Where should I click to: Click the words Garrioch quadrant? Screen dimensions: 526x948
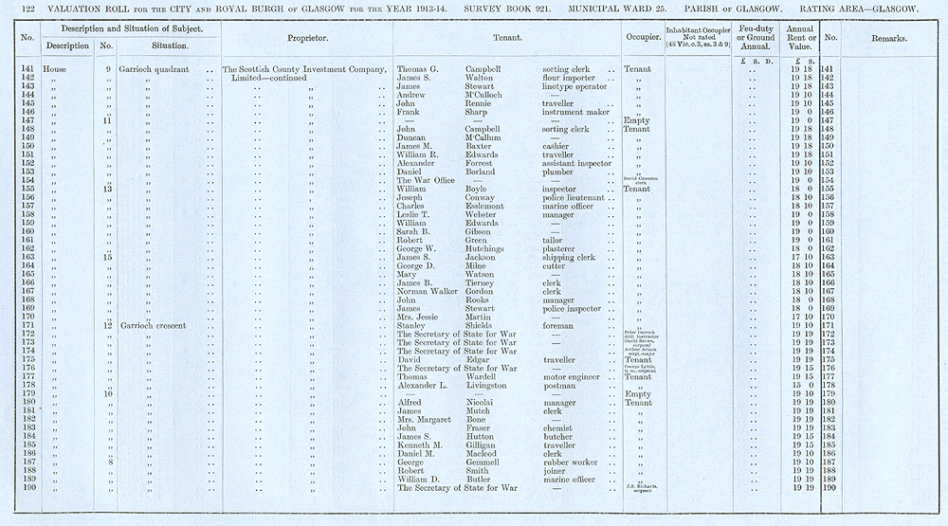point(154,69)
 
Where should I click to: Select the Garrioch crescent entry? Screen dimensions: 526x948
point(154,325)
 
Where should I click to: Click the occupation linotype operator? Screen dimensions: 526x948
point(577,86)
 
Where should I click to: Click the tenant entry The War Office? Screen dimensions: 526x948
point(424,180)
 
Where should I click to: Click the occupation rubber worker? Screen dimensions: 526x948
point(573,463)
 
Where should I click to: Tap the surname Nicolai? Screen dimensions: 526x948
point(483,403)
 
